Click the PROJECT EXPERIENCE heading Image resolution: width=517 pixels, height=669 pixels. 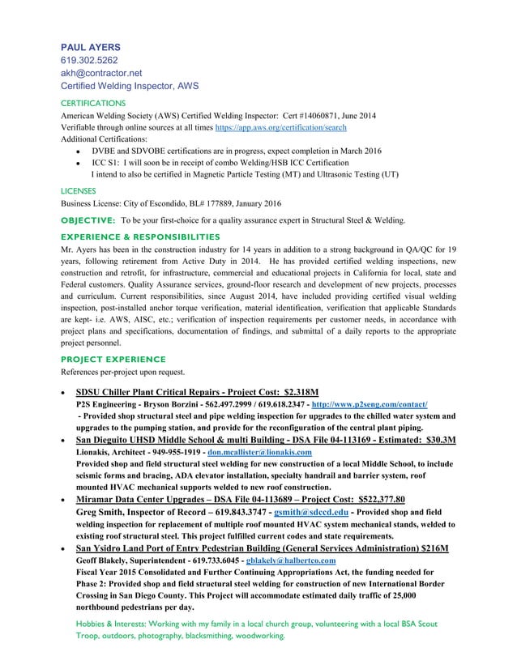click(x=113, y=359)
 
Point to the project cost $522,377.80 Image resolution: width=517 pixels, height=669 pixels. click(x=366, y=499)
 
